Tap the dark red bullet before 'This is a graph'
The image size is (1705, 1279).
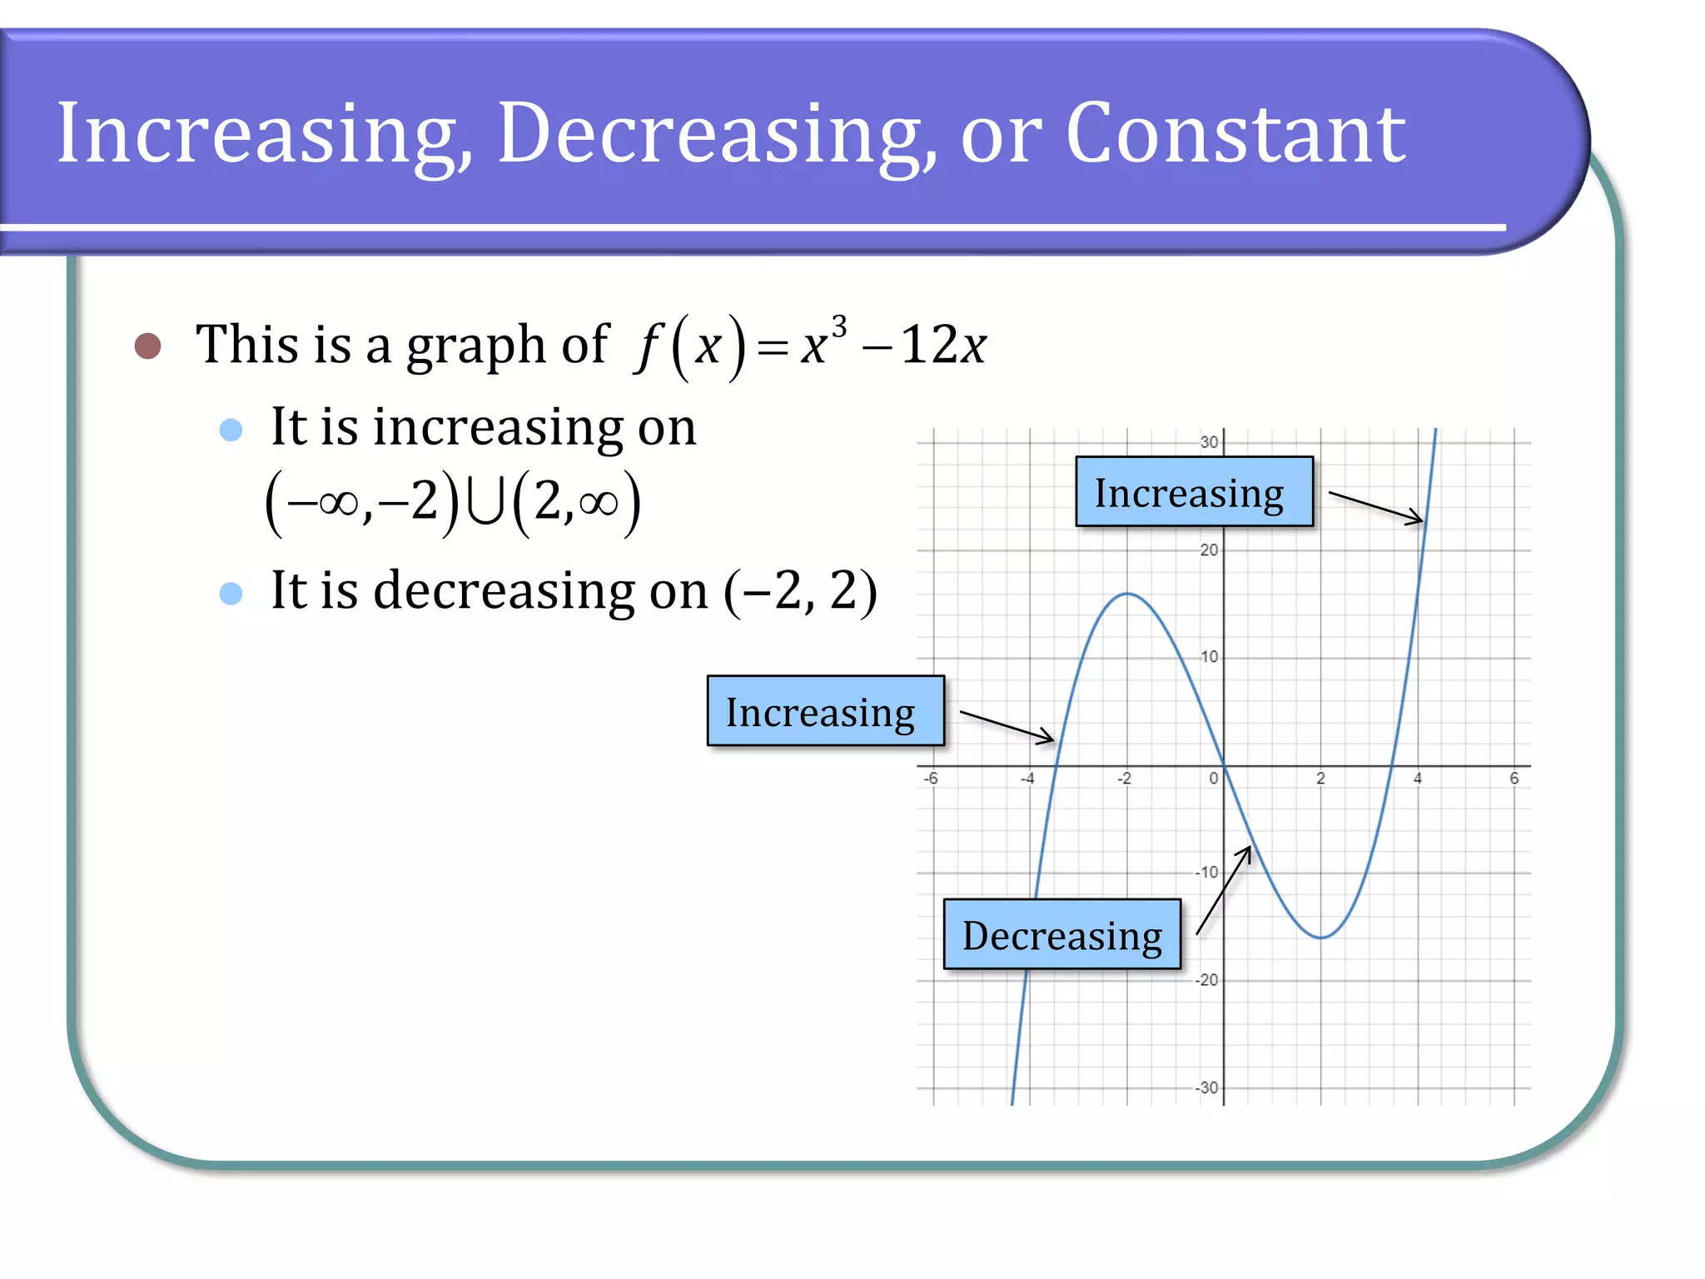[147, 346]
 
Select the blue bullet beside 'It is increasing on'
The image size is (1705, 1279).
[231, 430]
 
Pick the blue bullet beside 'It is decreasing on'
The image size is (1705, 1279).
[231, 593]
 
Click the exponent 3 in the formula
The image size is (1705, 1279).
[839, 326]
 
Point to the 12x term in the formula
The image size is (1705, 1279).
[943, 345]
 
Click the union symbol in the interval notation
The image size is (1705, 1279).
[485, 503]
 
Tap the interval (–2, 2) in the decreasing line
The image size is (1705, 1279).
[800, 591]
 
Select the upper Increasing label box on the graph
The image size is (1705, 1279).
[1194, 492]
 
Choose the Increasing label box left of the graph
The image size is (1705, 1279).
[825, 711]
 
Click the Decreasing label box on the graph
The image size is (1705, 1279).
[1061, 934]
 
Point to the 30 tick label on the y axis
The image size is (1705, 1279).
[1209, 442]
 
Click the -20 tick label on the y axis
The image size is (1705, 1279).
[1206, 980]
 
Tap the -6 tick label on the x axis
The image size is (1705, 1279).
[931, 779]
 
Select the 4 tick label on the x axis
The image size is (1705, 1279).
[1418, 779]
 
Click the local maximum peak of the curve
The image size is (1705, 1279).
[1127, 594]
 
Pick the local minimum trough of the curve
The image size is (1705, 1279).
[1321, 938]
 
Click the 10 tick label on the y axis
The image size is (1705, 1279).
[1209, 657]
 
